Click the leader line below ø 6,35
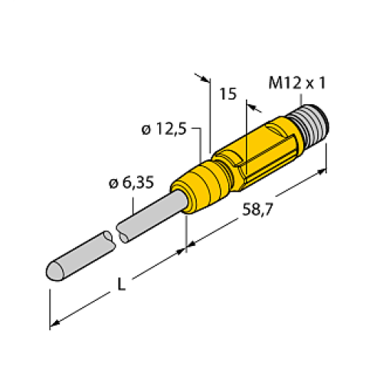click(x=135, y=201)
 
